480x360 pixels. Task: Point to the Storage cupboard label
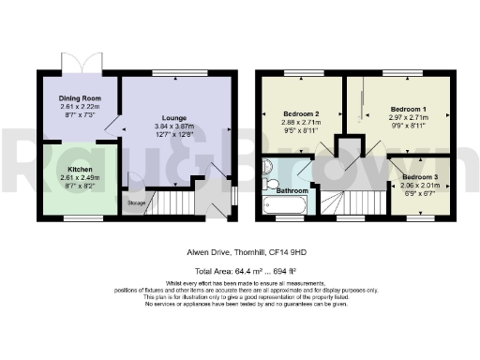coord(137,202)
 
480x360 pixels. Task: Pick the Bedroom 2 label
coord(301,114)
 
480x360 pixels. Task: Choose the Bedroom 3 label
coord(420,176)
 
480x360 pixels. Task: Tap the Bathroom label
coord(292,191)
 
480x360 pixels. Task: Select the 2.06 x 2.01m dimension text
coord(420,186)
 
